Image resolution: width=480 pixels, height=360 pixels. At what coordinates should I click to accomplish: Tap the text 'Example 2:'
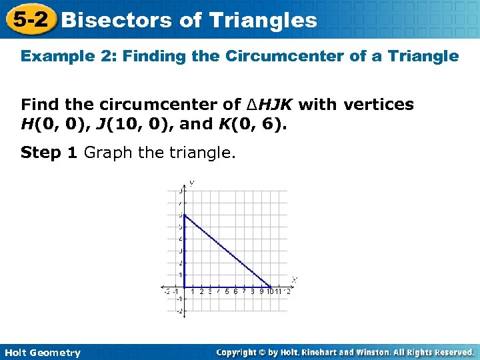pos(58,56)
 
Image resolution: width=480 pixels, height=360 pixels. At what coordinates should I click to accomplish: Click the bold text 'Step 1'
pos(49,153)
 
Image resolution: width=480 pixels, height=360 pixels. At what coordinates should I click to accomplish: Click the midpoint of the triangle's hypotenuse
pos(227,251)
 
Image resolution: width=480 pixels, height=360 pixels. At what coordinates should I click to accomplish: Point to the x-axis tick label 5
pos(227,291)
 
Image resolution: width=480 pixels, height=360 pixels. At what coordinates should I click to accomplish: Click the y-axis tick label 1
pos(180,275)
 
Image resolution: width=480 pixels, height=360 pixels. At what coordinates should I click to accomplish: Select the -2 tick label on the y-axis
pos(179,311)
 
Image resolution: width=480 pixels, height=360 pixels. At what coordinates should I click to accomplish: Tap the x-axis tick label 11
pos(279,291)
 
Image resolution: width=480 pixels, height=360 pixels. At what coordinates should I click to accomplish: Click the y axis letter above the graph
pos(191,182)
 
